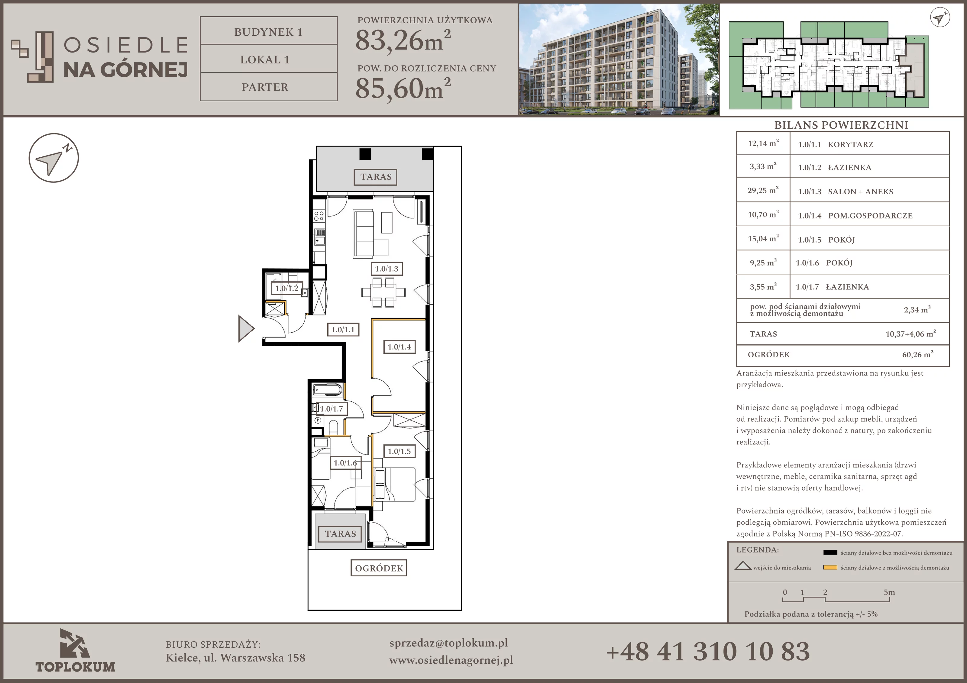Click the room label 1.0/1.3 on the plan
point(386,269)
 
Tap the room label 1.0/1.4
point(399,347)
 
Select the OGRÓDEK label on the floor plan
point(379,568)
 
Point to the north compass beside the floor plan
point(53,158)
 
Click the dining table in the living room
point(383,292)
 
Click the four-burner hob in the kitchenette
point(319,216)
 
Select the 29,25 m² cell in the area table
point(763,190)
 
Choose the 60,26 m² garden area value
point(918,355)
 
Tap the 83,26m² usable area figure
point(403,41)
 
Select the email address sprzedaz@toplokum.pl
point(448,643)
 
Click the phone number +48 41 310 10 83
point(708,651)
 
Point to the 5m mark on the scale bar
point(889,592)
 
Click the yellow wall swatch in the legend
point(830,567)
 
